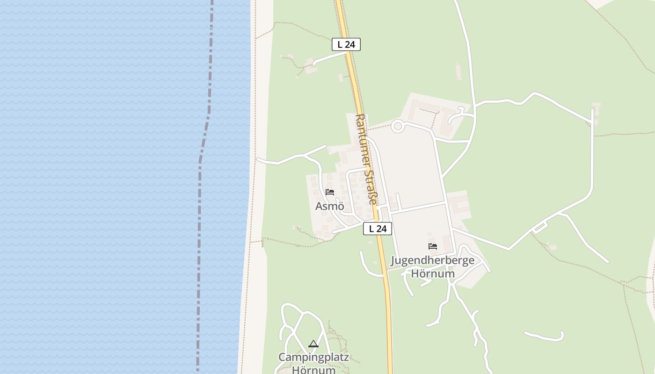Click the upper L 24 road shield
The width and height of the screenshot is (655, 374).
(x=346, y=44)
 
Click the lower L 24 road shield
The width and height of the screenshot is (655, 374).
(x=378, y=229)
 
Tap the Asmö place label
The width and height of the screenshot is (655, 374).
(x=330, y=206)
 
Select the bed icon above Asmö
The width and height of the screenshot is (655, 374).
(x=330, y=192)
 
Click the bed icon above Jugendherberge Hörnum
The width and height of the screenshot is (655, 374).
(x=433, y=246)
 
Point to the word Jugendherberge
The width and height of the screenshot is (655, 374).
(x=432, y=261)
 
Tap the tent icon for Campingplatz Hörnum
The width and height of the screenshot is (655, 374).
(x=313, y=345)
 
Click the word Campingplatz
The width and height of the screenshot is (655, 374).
(x=313, y=358)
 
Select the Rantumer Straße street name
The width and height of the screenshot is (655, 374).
(x=366, y=159)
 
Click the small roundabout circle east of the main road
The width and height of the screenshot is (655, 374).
(x=398, y=126)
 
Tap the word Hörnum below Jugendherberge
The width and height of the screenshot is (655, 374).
(x=432, y=273)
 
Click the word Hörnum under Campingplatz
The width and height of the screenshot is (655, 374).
(x=313, y=370)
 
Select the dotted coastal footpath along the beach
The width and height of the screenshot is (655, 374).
(x=255, y=140)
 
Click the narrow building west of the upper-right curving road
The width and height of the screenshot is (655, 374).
(x=458, y=71)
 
